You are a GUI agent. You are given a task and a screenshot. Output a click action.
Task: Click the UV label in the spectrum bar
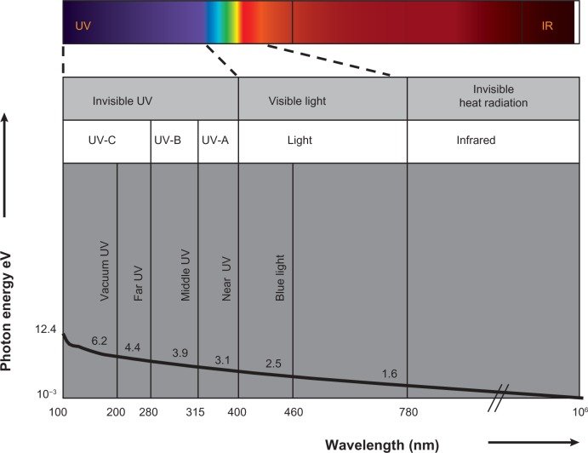click(x=83, y=26)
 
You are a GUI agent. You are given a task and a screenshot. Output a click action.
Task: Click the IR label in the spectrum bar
click(x=547, y=26)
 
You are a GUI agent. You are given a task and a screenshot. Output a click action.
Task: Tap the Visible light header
click(x=297, y=100)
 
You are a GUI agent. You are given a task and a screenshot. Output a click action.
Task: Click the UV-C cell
click(x=102, y=140)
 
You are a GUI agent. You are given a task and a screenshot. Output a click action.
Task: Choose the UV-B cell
click(x=167, y=140)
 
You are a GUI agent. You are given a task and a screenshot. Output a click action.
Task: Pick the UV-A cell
click(x=214, y=140)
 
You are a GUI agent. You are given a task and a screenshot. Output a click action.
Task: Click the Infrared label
click(x=475, y=140)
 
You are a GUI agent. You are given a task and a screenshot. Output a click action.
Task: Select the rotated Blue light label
click(x=279, y=278)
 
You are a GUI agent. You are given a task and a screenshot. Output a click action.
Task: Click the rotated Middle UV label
click(x=186, y=276)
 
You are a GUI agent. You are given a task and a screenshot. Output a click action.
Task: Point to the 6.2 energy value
click(x=99, y=341)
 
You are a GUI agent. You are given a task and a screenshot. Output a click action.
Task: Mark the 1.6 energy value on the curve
click(x=390, y=374)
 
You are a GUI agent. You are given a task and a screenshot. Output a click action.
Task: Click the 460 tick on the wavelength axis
click(x=293, y=413)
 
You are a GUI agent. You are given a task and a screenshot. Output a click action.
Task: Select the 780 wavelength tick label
click(x=408, y=413)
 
